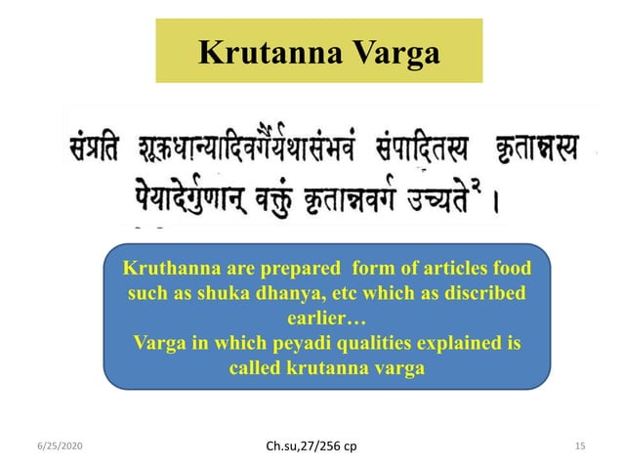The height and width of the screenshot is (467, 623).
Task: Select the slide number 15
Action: pos(580,445)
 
